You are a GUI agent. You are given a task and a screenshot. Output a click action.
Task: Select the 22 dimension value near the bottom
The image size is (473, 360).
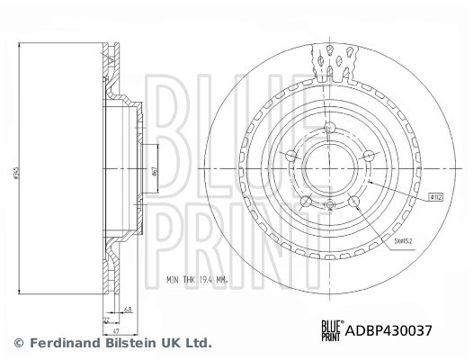pyautogui.click(x=106, y=319)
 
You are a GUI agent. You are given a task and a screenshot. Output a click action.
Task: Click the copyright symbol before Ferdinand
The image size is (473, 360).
pyautogui.click(x=20, y=343)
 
